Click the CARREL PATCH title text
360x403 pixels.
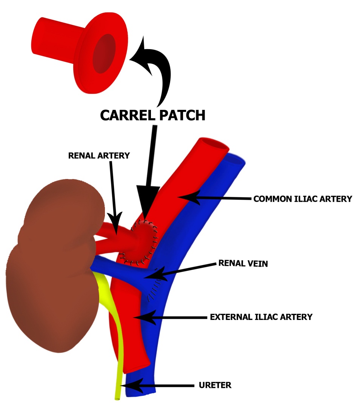click(152, 115)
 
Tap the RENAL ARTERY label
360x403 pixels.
click(99, 156)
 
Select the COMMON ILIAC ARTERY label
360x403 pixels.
click(303, 199)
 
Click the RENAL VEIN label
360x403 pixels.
click(243, 263)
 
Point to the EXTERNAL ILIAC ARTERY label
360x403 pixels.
click(261, 317)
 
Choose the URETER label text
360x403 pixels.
click(215, 386)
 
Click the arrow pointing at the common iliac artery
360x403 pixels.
click(215, 198)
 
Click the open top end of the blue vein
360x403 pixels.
click(235, 161)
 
